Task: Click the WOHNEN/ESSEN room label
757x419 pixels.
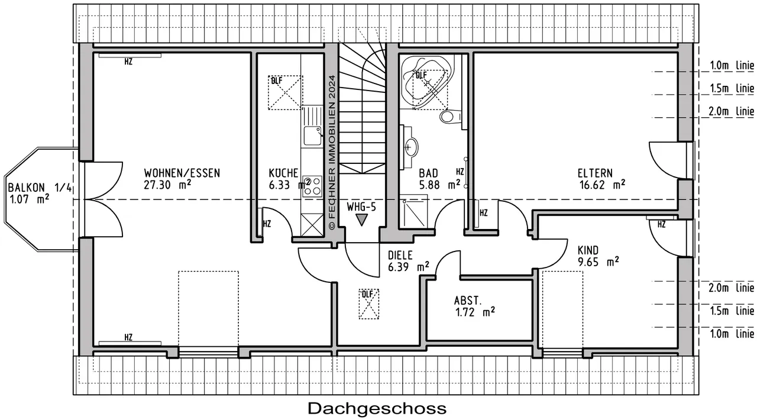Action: (182, 173)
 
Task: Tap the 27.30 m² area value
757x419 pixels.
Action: (167, 185)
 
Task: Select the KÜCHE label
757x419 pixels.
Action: (283, 173)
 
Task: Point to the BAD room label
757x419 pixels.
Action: (428, 173)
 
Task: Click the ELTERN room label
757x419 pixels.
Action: (595, 173)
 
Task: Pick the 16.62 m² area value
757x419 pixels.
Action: (601, 185)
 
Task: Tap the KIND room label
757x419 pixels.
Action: (588, 250)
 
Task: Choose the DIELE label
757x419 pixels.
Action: (400, 255)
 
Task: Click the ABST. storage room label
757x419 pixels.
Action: (468, 300)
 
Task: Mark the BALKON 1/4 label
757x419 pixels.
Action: (40, 188)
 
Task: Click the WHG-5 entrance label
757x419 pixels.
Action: (361, 207)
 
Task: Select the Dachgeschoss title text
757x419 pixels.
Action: (377, 408)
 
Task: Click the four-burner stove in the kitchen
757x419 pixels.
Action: (312, 186)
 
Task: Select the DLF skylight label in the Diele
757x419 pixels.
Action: (367, 294)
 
